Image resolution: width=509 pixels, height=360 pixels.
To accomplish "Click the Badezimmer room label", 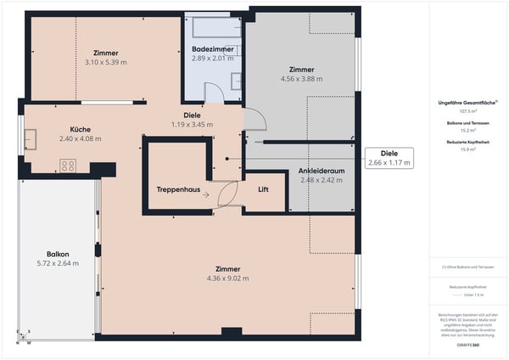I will coord(211,50).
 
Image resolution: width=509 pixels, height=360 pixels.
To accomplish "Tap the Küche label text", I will coord(81,129).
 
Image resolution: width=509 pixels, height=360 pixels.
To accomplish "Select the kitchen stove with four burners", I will coord(67,165).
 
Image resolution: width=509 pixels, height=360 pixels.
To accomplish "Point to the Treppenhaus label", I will coord(179,189).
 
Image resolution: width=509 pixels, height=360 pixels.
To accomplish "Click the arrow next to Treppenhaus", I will coord(205,194).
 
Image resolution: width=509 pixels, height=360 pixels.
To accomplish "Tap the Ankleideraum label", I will coord(320,172).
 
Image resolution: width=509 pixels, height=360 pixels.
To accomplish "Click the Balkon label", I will coord(59,254).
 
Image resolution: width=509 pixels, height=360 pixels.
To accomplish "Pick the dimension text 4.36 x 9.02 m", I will coord(227,278).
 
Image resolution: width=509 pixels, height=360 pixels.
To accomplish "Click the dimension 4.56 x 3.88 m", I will coord(301,79).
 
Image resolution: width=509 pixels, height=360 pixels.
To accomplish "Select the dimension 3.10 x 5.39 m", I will coord(106,62).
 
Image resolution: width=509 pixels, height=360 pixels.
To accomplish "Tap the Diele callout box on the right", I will coord(389,158).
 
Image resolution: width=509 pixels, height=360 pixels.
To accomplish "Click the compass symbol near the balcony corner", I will coord(28,334).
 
